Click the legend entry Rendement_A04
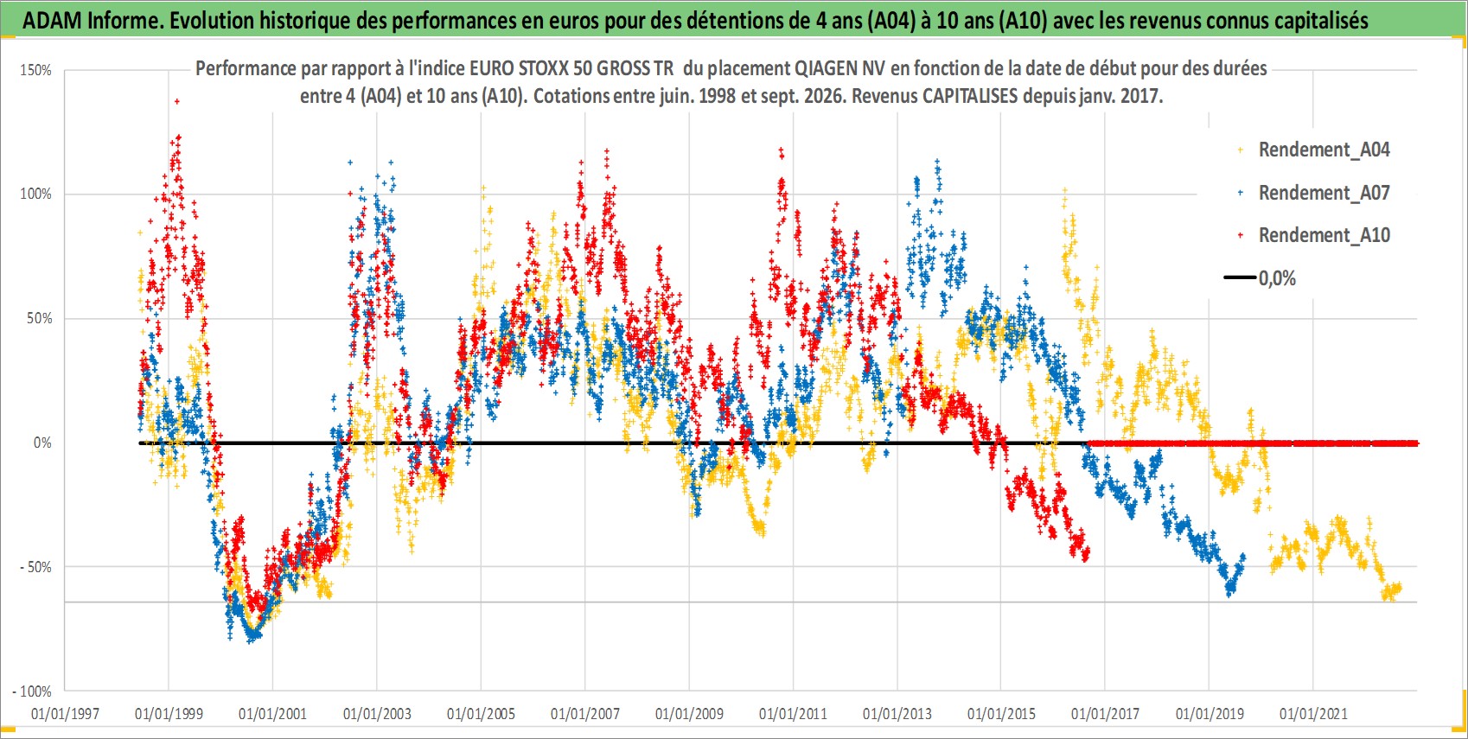pyautogui.click(x=1324, y=150)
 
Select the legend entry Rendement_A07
pyautogui.click(x=1324, y=194)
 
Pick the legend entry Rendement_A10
pyautogui.click(x=1324, y=235)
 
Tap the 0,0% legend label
pyautogui.click(x=1277, y=278)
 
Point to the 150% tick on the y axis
pyautogui.click(x=35, y=71)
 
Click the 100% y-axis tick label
pyautogui.click(x=35, y=194)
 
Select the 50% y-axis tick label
pyautogui.click(x=39, y=319)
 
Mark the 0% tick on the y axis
pyautogui.click(x=42, y=443)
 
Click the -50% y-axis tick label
pyautogui.click(x=35, y=567)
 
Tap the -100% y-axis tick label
pyautogui.click(x=32, y=691)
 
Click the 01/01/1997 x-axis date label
pyautogui.click(x=65, y=714)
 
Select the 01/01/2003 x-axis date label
pyautogui.click(x=377, y=714)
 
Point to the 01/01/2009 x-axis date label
pyautogui.click(x=689, y=714)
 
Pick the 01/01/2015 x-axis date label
pyautogui.click(x=1001, y=714)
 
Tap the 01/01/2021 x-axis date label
pyautogui.click(x=1313, y=714)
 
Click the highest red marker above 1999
pyautogui.click(x=177, y=101)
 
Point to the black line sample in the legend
pyautogui.click(x=1240, y=277)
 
